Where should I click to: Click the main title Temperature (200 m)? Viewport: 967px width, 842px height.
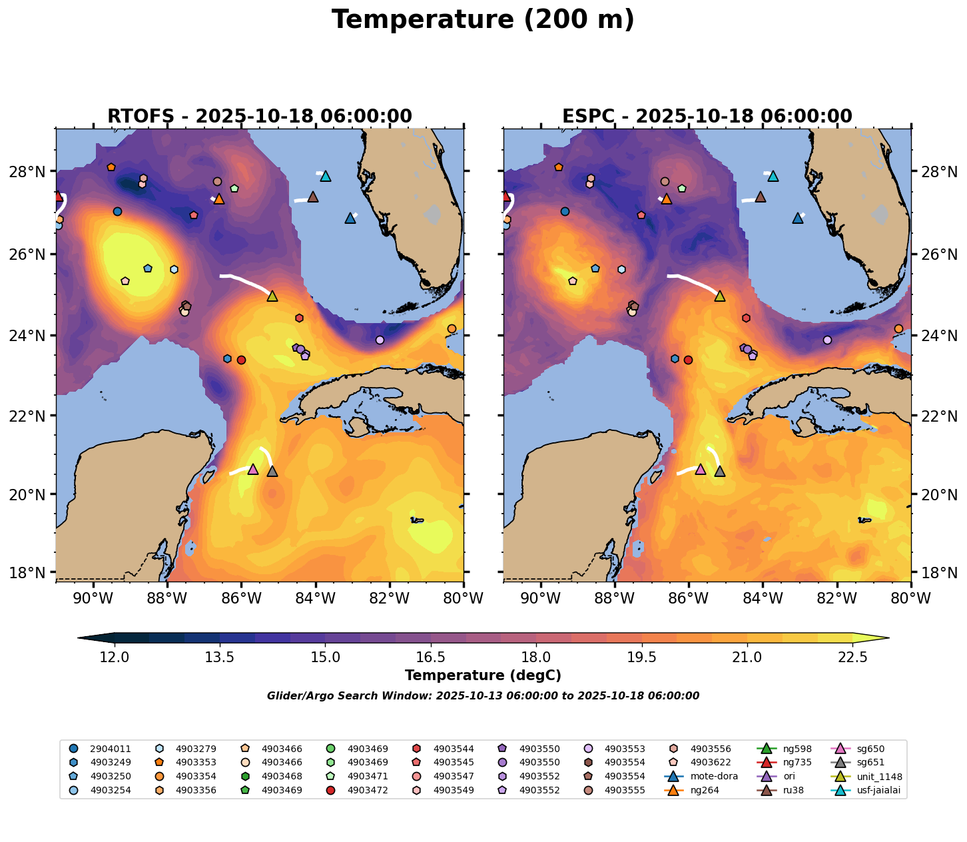pyautogui.click(x=483, y=20)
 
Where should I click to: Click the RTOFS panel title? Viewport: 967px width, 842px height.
pyautogui.click(x=260, y=117)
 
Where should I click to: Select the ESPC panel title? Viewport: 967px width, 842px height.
pyautogui.click(x=707, y=117)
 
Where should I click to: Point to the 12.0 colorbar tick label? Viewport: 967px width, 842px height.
pyautogui.click(x=115, y=657)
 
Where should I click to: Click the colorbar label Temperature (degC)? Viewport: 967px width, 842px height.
pyautogui.click(x=483, y=675)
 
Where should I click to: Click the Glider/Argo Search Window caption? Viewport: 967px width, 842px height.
pyautogui.click(x=483, y=696)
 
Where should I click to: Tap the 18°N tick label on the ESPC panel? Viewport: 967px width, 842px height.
pyautogui.click(x=939, y=572)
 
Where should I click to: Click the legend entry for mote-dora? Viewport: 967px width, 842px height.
pyautogui.click(x=709, y=776)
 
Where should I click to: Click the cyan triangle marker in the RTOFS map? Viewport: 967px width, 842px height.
pyautogui.click(x=326, y=177)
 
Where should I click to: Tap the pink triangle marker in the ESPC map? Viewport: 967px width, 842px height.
pyautogui.click(x=700, y=470)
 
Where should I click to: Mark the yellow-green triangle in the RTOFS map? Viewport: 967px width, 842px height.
pyautogui.click(x=272, y=296)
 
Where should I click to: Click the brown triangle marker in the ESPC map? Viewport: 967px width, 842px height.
pyautogui.click(x=760, y=197)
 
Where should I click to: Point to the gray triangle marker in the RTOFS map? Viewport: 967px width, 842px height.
pyautogui.click(x=272, y=472)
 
